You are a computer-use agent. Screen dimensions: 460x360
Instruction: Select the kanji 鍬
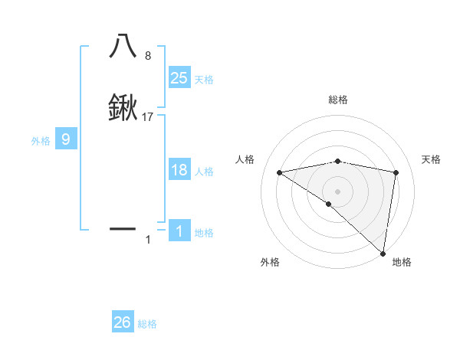tap(123, 109)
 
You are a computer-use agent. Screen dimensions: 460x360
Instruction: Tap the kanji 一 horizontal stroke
tap(123, 228)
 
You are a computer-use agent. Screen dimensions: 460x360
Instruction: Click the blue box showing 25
tap(179, 78)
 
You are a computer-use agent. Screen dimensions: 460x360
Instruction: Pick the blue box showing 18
tap(179, 170)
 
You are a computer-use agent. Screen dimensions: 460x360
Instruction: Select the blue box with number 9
tap(66, 139)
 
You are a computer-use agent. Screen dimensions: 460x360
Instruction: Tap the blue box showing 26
tap(123, 322)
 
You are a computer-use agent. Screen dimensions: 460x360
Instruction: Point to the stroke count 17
tap(149, 117)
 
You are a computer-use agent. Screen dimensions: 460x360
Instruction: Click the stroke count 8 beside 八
tap(148, 56)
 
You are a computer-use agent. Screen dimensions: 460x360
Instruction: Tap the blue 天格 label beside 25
tap(204, 80)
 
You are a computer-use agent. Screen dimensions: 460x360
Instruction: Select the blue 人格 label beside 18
tap(204, 172)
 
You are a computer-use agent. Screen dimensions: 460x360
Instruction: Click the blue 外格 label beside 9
tap(40, 141)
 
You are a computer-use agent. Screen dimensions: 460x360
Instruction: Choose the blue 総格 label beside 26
tap(147, 324)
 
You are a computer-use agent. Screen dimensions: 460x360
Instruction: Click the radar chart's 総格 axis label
tap(338, 100)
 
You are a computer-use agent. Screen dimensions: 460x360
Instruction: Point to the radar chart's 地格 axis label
tap(402, 262)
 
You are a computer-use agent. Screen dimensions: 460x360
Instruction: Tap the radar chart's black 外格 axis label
tap(270, 262)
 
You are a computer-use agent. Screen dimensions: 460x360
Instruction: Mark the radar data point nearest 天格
tap(396, 172)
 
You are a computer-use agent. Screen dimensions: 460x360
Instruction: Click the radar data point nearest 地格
tap(383, 253)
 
